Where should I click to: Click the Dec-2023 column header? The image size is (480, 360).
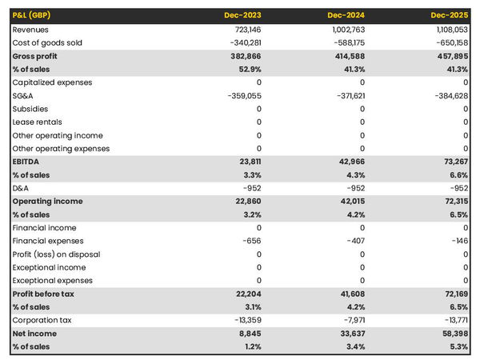pos(244,16)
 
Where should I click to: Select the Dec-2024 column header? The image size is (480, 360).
pos(347,16)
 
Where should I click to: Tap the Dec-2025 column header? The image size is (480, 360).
pos(450,16)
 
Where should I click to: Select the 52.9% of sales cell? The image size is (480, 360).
pos(249,69)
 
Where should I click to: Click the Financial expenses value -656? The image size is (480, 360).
pos(252,241)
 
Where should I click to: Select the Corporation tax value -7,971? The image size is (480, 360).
pos(351,320)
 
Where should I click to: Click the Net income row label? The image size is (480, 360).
pos(34,334)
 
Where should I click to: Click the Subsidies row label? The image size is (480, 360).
pos(30,109)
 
